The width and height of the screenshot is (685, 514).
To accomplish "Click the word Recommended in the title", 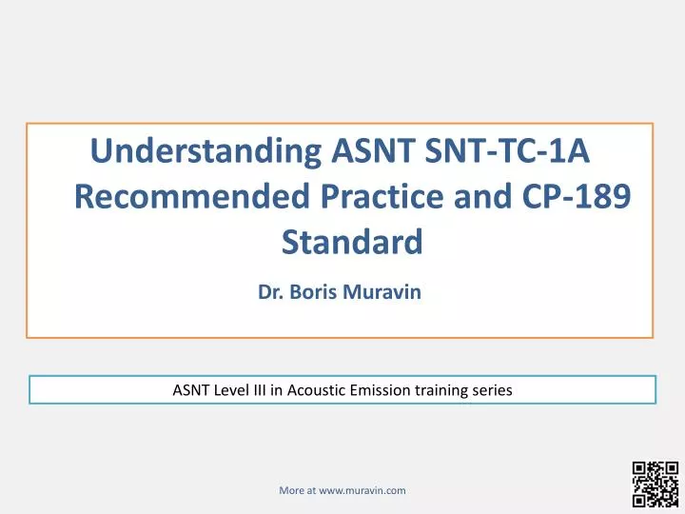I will point(186,197).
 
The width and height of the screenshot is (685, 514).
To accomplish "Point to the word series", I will point(495,389).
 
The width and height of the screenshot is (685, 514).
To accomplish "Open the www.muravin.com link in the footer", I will point(362,490).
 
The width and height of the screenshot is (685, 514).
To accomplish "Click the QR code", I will point(654,485).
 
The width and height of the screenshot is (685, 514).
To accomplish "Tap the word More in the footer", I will point(290,490).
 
